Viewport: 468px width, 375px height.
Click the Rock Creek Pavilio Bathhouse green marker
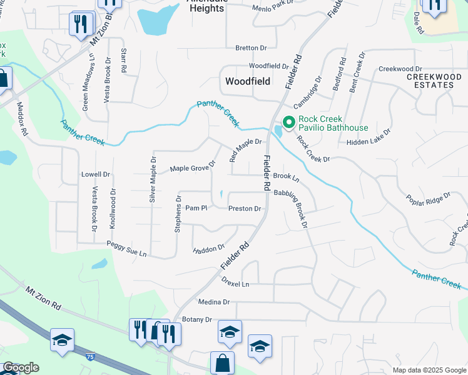click(289, 122)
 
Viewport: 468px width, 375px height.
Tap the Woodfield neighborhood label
click(248, 82)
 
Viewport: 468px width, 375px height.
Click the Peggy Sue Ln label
click(126, 249)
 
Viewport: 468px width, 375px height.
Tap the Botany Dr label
click(197, 319)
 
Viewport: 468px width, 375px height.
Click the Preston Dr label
click(244, 209)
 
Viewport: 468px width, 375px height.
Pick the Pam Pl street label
click(196, 207)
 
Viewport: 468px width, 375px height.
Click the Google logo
click(20, 367)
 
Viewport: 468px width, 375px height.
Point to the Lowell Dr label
click(96, 174)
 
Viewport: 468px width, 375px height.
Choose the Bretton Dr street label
click(251, 47)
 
